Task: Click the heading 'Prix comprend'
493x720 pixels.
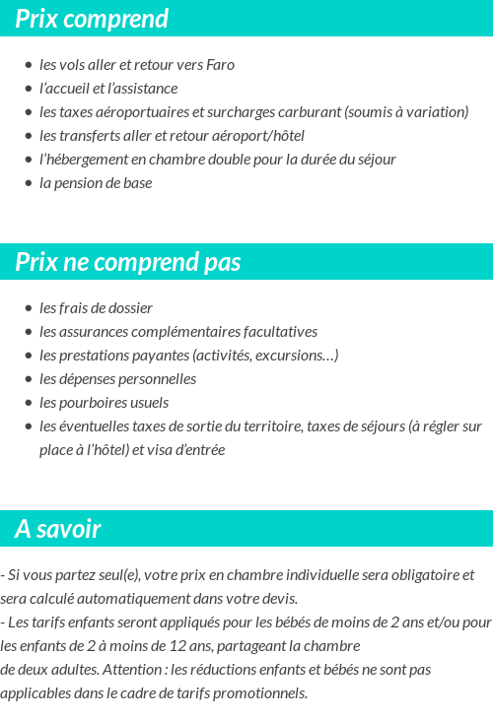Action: tap(92, 19)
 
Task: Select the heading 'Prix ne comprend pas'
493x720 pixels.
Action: tap(127, 262)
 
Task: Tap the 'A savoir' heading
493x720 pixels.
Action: tap(57, 529)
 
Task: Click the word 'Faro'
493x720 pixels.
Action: tap(221, 65)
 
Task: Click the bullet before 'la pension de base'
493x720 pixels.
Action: tap(29, 183)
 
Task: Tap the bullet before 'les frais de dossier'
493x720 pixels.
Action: tap(29, 308)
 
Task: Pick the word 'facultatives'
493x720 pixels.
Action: tap(280, 332)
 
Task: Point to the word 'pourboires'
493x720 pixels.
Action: tap(92, 403)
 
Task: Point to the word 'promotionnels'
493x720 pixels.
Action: tap(264, 693)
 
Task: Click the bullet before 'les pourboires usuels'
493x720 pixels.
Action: tap(29, 403)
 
